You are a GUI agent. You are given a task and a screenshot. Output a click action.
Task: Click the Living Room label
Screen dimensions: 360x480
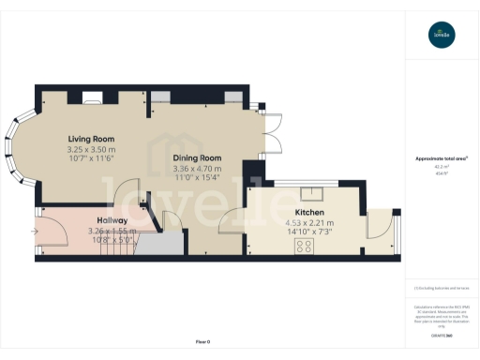tap(91, 139)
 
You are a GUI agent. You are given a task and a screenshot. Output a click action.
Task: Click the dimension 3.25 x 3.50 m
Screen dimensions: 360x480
tap(91, 150)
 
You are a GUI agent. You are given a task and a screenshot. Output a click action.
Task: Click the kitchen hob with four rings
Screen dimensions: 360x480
tap(305, 247)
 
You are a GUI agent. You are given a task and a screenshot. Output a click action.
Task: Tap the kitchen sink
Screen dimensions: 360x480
tap(316, 195)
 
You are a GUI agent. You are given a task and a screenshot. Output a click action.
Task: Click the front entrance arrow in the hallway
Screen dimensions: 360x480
tap(36, 231)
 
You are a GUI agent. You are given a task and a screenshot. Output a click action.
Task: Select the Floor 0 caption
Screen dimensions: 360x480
tap(202, 340)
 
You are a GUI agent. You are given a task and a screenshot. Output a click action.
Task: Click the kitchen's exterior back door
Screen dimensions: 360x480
tap(379, 225)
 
